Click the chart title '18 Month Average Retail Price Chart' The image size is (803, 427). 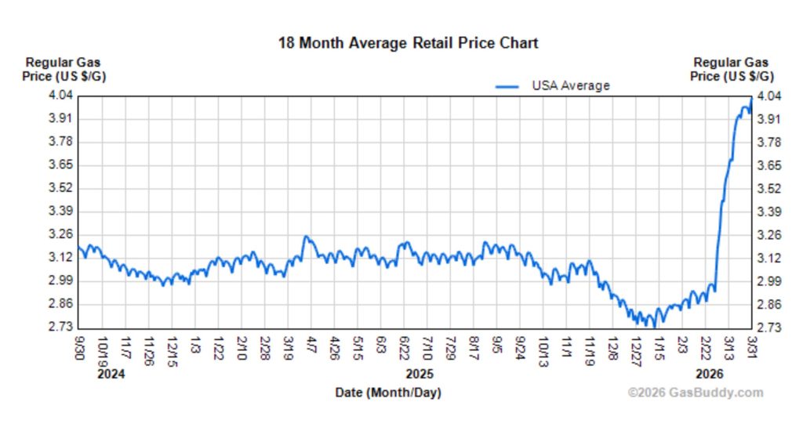(408, 43)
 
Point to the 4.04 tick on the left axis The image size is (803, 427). (60, 96)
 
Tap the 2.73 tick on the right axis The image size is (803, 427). (769, 327)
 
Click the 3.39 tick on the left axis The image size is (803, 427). (60, 211)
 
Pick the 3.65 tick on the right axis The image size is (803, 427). (769, 165)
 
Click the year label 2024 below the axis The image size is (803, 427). (111, 374)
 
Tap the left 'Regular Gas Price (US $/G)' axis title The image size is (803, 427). (64, 69)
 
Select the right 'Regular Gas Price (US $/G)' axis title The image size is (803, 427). (731, 69)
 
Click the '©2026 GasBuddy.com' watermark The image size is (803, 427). (695, 393)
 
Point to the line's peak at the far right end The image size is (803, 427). (751, 97)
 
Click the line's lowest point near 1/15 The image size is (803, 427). (654, 326)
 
